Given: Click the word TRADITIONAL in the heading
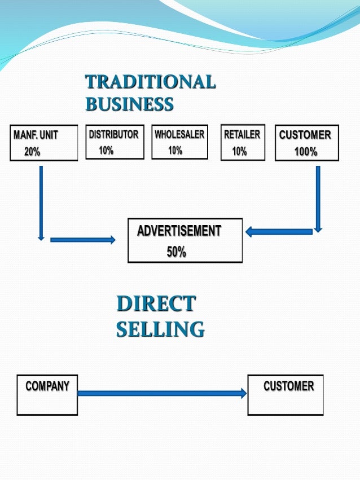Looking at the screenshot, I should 150,82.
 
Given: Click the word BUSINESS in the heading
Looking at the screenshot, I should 129,104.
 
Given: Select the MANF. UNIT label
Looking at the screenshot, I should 36,135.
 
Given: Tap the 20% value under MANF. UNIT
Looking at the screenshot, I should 32,152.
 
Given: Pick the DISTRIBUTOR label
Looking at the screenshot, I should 113,135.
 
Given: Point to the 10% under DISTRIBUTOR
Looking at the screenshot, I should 106,151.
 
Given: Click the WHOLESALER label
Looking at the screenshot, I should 179,135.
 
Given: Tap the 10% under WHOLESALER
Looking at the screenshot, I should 175,151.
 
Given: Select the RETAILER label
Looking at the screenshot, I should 242,135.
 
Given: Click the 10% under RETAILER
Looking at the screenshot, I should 239,151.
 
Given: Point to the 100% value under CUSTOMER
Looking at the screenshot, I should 306,152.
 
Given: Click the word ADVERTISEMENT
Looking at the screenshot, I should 179,231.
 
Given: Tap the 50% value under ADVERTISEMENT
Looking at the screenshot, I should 176,252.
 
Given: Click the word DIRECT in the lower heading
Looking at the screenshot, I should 156,305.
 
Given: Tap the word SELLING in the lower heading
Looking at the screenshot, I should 160,329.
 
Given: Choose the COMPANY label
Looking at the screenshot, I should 47,387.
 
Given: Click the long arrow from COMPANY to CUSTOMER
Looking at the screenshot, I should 162,393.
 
